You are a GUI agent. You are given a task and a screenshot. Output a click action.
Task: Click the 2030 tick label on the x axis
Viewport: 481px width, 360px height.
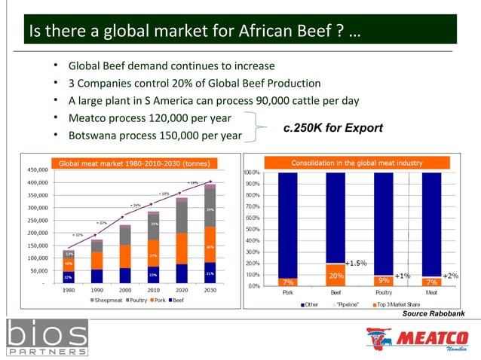(x=210, y=288)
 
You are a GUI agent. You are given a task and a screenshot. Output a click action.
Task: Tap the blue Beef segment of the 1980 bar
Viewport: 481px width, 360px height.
(x=69, y=276)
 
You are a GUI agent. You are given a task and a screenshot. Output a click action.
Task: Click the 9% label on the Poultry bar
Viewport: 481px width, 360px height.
(x=384, y=281)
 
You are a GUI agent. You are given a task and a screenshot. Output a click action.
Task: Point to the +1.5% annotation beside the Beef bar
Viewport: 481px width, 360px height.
(x=355, y=264)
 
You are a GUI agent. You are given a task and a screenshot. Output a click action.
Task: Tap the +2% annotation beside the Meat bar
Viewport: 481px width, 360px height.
(x=449, y=276)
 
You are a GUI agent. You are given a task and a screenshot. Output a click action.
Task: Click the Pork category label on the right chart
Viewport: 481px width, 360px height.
(x=288, y=291)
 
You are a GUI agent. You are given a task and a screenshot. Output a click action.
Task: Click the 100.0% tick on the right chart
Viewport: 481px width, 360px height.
(x=252, y=172)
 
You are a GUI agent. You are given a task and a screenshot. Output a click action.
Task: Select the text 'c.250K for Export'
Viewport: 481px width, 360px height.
(x=332, y=128)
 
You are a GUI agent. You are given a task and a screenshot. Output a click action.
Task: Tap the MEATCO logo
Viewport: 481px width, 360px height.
(x=416, y=338)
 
